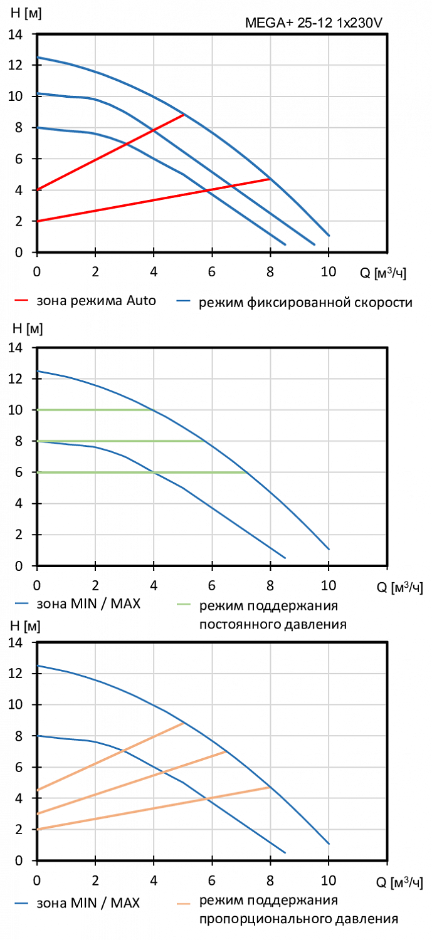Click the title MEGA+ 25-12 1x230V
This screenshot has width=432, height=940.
313,24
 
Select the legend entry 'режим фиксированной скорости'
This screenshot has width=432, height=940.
306,303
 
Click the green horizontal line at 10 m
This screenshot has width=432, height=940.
94,410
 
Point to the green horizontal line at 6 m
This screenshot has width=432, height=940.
138,473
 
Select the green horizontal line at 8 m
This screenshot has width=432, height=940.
119,441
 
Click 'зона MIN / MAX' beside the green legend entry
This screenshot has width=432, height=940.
88,605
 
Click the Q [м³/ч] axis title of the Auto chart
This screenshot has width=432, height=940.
387,273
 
